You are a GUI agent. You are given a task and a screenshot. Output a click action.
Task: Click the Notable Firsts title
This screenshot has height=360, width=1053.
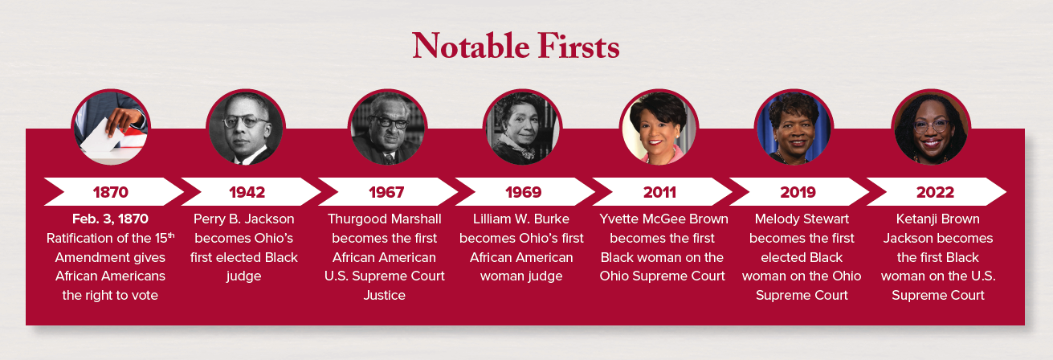516,47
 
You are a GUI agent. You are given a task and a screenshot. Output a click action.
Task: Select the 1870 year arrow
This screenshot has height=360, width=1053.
111,192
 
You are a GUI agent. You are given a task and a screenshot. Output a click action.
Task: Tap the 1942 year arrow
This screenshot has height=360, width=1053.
247,192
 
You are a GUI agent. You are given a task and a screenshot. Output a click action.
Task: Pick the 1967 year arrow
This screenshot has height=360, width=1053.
386,192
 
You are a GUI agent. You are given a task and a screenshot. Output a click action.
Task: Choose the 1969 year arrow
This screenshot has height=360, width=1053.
523,192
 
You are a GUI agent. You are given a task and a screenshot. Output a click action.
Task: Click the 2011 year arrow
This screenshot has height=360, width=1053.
659,192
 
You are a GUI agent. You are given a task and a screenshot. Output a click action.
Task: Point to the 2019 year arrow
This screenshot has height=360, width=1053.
798,192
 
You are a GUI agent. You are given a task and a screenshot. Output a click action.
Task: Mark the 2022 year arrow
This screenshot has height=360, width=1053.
935,192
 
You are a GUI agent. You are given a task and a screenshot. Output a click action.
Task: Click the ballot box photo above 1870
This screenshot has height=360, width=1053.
111,128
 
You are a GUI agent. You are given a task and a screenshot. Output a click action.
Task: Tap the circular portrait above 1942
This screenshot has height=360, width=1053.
246,128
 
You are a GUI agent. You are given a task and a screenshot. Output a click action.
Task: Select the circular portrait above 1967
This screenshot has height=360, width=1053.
387,128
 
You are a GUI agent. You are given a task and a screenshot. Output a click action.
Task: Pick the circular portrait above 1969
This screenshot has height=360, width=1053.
522,128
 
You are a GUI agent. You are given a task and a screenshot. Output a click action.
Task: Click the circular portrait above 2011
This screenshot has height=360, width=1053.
659,128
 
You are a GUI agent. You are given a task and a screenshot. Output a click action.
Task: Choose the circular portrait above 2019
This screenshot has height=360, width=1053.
794,128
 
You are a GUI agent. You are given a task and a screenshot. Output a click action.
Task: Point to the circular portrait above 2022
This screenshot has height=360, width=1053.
932,128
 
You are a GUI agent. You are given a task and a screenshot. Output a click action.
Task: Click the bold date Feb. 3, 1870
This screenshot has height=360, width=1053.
111,219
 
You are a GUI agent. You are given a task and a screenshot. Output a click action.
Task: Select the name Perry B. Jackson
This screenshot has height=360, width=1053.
244,219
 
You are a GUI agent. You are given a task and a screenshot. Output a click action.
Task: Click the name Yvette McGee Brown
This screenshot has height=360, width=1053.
663,219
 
